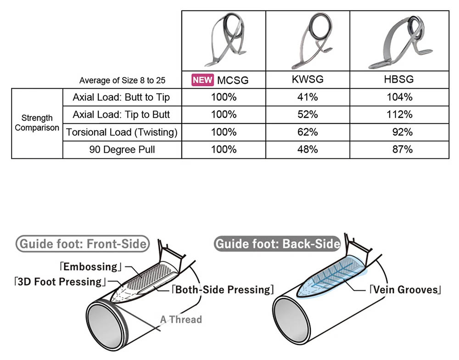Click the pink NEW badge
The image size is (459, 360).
tap(202, 80)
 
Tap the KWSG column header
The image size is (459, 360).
tap(308, 79)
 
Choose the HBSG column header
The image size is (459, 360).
tap(399, 79)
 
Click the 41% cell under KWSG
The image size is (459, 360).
tap(308, 97)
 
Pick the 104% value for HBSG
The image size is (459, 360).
tap(399, 97)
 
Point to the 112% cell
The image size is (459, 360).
tap(399, 115)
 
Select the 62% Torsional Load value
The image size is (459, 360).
tap(308, 132)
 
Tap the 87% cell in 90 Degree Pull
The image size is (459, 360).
tap(399, 150)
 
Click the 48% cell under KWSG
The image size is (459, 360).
tap(308, 150)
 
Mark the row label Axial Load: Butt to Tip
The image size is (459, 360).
tap(121, 97)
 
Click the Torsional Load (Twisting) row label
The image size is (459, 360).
tap(121, 132)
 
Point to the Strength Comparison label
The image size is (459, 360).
tap(37, 123)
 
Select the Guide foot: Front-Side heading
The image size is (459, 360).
tap(82, 244)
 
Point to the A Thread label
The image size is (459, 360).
tap(180, 319)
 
